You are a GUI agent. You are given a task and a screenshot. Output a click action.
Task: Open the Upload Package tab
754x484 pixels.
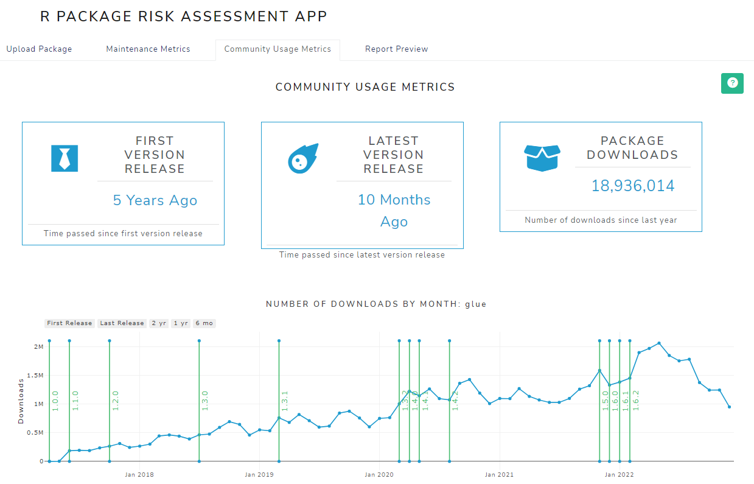[x=39, y=49]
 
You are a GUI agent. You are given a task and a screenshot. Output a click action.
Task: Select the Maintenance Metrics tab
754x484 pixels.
[x=148, y=49]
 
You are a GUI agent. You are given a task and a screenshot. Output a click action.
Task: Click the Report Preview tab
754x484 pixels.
[x=396, y=49]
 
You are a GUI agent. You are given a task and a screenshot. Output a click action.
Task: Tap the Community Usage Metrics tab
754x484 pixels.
[x=278, y=49]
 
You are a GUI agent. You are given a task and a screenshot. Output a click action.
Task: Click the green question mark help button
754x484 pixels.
[x=732, y=83]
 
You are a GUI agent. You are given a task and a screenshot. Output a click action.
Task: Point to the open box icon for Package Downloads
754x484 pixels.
[x=542, y=158]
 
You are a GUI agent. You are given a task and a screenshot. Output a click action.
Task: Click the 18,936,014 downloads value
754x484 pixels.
[x=633, y=186]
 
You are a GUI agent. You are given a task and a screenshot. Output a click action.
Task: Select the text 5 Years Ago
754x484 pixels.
[x=155, y=201]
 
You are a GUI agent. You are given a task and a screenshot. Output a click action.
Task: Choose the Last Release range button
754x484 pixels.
[x=122, y=323]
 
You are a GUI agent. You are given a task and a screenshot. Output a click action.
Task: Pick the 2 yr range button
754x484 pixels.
[x=158, y=323]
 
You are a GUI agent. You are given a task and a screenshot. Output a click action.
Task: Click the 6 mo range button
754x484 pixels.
[x=204, y=323]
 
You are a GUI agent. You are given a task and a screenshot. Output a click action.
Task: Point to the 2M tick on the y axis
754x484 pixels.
[x=39, y=347]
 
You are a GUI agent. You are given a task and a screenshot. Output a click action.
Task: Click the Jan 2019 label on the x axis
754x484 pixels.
[x=259, y=474]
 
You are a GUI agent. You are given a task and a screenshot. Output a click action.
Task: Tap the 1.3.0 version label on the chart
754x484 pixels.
[x=205, y=401]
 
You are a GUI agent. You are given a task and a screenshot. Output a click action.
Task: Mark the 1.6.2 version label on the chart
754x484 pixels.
[x=635, y=401]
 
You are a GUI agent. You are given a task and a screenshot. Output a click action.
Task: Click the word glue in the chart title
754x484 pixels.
[x=475, y=304]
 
